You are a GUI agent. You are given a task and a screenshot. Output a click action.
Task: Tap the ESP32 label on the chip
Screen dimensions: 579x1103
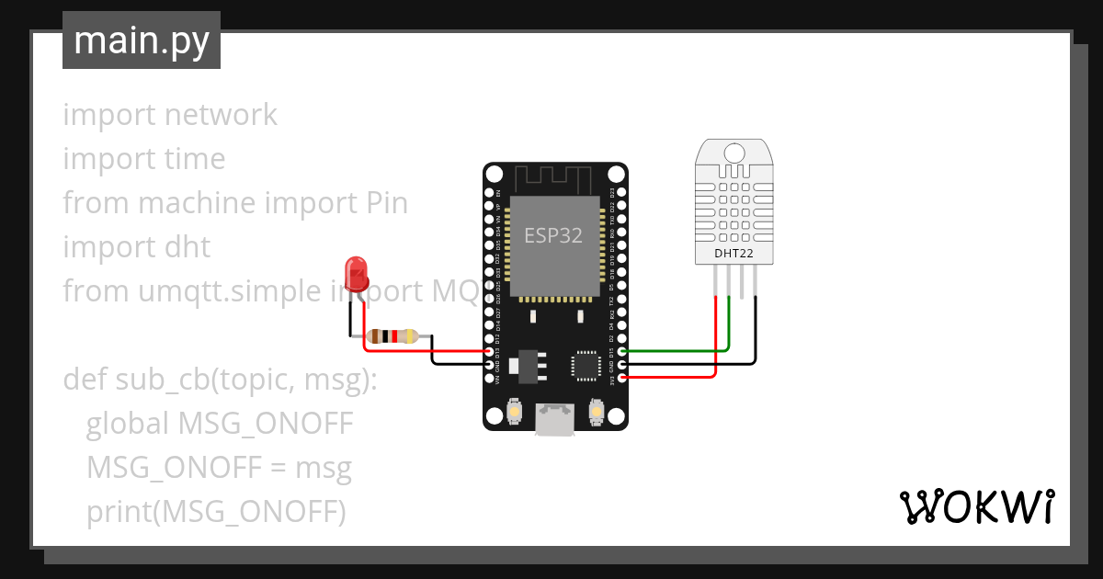tap(553, 235)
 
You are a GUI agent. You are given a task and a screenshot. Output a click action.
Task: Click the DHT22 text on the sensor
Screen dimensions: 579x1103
tap(733, 253)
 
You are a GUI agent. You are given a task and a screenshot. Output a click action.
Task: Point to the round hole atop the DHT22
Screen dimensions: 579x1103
tap(733, 153)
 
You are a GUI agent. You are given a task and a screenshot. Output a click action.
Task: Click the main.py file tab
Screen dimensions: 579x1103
tap(142, 40)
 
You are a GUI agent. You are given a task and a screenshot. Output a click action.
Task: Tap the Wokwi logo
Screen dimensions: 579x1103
tap(976, 506)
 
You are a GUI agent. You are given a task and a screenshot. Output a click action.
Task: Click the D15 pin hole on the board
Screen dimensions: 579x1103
tap(622, 351)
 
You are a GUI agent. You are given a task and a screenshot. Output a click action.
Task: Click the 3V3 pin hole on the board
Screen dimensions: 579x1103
tap(622, 377)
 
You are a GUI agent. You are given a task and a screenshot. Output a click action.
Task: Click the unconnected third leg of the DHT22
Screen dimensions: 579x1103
tap(743, 281)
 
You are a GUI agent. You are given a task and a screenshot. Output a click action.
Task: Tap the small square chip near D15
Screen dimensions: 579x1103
tap(585, 365)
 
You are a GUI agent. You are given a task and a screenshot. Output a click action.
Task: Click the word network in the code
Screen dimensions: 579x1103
tap(220, 115)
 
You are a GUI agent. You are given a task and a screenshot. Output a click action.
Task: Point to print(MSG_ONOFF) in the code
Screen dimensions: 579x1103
tap(216, 512)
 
